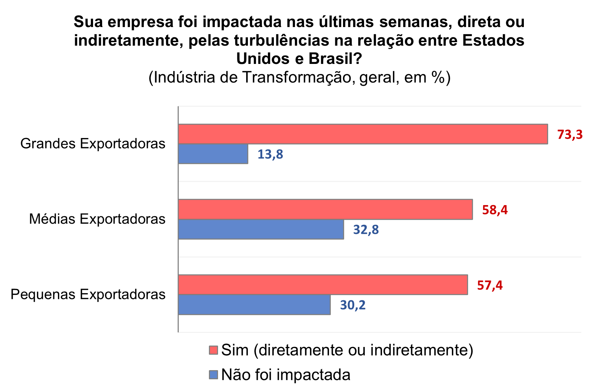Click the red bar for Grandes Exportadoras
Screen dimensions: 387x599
(363, 134)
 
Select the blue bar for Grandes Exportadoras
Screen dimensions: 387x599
(213, 154)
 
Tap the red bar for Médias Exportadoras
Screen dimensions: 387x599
(325, 209)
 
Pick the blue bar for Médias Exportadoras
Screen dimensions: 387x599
(261, 229)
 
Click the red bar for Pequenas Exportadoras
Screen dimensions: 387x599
(323, 284)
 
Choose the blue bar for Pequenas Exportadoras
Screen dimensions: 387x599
(254, 304)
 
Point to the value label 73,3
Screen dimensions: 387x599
(570, 134)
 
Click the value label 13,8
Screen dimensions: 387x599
(270, 154)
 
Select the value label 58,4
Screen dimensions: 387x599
(495, 210)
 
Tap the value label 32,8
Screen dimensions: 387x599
(366, 230)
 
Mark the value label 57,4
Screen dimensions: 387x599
(490, 285)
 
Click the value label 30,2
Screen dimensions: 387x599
(353, 305)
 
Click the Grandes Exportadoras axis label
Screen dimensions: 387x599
(93, 144)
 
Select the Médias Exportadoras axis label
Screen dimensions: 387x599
(97, 219)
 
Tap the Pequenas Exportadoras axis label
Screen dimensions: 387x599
(88, 294)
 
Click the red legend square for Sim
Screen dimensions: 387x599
(213, 350)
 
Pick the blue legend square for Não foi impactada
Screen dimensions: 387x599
(213, 375)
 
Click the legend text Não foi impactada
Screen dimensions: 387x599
(286, 375)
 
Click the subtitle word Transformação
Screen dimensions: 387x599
(297, 77)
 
